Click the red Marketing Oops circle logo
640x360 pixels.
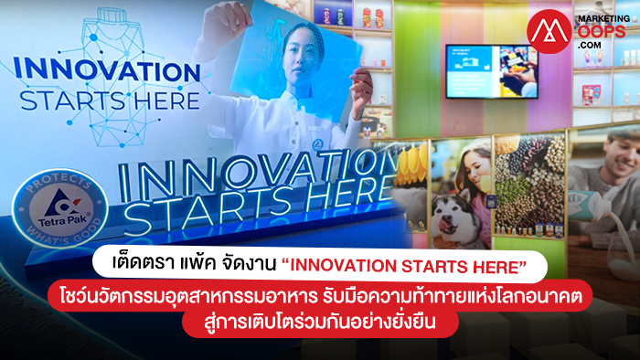(x=549, y=31)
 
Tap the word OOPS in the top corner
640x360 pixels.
(x=601, y=31)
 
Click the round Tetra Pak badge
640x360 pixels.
(x=60, y=208)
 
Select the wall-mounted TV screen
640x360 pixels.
(x=492, y=71)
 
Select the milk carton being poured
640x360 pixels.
(x=588, y=205)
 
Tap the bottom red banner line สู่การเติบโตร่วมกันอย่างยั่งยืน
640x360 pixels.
(x=320, y=323)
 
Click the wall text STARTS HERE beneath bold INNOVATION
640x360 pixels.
(x=110, y=101)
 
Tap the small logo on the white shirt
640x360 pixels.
(x=317, y=144)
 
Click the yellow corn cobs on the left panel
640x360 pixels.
(x=411, y=164)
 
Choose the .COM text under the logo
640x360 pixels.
(x=589, y=45)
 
